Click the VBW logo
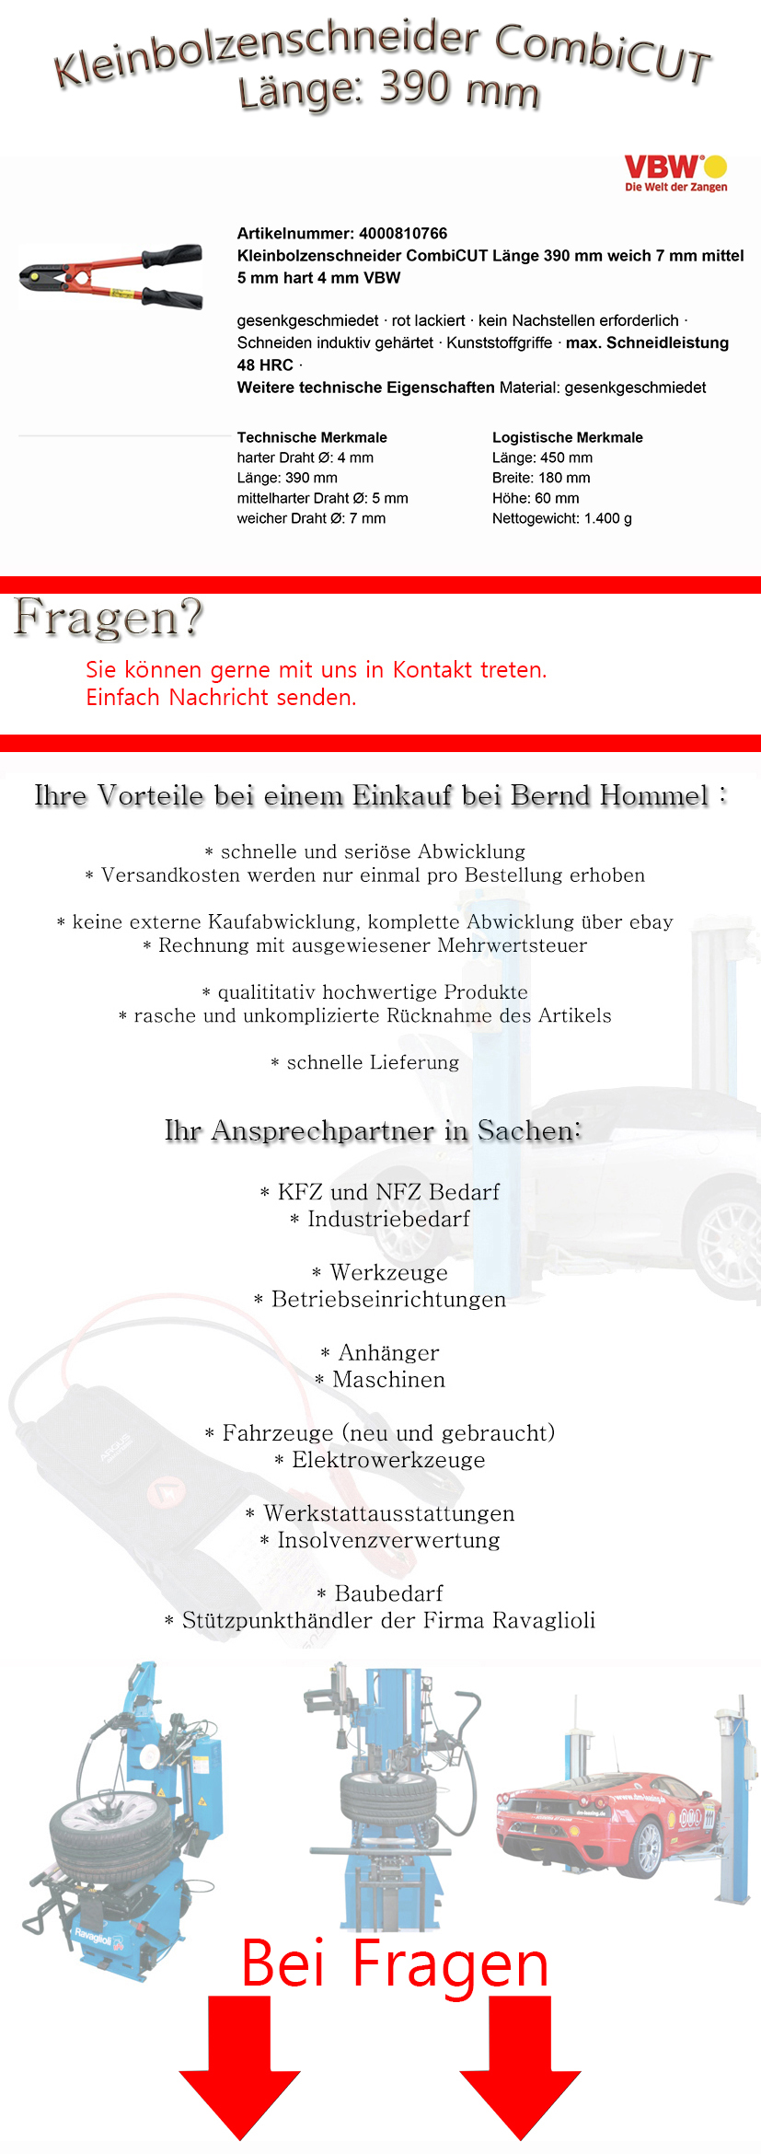(675, 172)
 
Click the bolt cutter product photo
(111, 276)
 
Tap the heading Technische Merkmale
(312, 437)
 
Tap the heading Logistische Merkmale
(567, 437)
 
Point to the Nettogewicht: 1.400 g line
(561, 518)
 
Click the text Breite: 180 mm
(541, 478)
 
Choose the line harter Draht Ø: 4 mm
(305, 457)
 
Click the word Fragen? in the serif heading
(108, 618)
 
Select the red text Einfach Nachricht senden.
(221, 698)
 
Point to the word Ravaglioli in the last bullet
(543, 1620)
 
